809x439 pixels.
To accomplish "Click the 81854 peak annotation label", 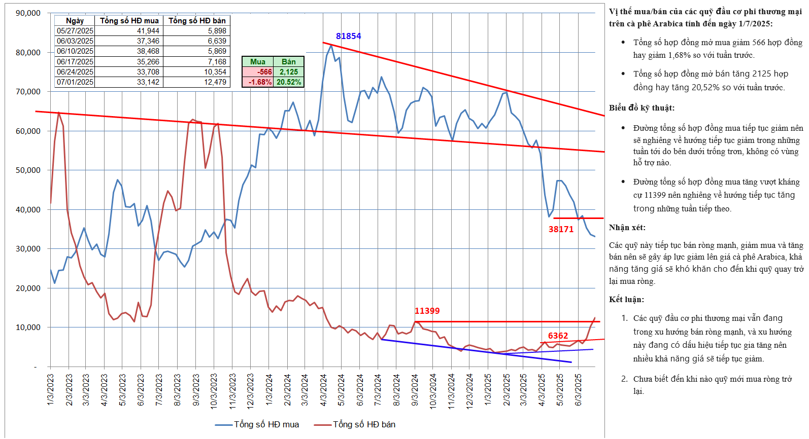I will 348,36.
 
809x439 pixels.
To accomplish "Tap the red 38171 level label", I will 561,229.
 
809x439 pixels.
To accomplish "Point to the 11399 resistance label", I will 427,311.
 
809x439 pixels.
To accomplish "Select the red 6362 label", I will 558,336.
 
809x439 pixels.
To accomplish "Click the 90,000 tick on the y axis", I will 28,13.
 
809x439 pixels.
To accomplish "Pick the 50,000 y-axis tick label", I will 28,170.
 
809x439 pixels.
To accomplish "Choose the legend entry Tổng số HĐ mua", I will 257,424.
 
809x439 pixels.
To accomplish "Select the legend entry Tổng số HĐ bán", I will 355,424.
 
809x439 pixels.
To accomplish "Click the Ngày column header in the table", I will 75,21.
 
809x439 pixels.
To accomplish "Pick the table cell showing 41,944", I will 148,31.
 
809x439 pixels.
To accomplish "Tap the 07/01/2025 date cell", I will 75,82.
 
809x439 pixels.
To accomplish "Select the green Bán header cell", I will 288,62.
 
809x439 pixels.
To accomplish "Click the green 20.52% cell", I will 289,82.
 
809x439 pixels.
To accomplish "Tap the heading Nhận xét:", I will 627,228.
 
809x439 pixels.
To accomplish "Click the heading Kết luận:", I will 626,300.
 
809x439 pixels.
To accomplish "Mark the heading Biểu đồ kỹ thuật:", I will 642,108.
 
